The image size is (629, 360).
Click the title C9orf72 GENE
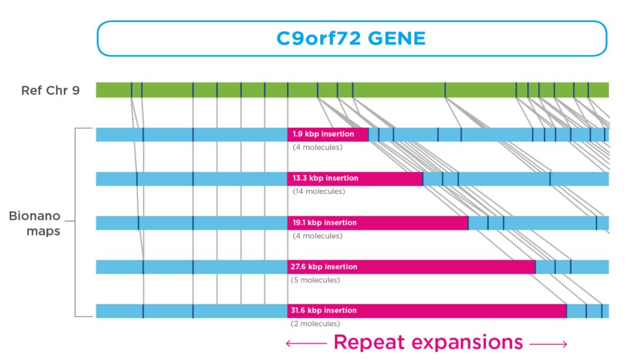351,38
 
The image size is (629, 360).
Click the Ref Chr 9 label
50,90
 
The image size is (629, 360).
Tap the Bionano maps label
34,223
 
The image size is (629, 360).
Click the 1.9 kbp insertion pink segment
327,134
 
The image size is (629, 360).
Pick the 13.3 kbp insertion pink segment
355,179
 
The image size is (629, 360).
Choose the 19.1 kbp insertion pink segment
377,223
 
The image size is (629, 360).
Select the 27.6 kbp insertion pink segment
411,267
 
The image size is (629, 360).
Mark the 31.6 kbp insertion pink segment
427,311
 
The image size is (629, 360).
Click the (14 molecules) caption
319,191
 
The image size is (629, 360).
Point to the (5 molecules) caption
314,280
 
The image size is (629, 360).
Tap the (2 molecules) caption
314,324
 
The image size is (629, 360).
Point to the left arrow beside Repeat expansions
305,344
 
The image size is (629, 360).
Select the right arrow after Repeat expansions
548,344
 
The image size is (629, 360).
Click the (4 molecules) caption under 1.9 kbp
317,147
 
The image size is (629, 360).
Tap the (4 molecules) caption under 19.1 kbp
317,236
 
